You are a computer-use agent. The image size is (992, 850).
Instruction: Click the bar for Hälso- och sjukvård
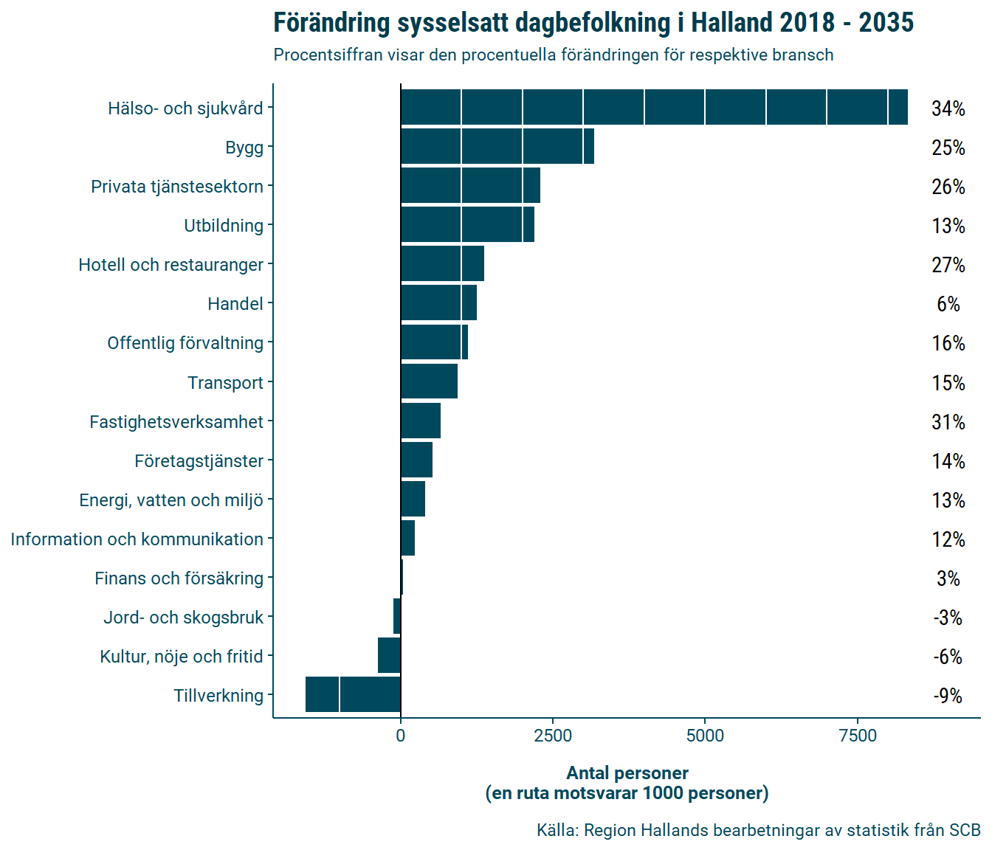coord(654,107)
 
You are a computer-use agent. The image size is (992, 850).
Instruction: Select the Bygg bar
coord(497,146)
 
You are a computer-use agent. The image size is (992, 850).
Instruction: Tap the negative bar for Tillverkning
coord(353,694)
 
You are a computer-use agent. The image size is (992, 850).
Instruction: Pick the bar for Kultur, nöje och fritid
coord(389,655)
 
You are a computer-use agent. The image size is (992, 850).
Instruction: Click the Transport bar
coord(429,381)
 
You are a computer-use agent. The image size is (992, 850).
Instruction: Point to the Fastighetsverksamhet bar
coord(421,421)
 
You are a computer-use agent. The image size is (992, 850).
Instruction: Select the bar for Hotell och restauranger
coord(442,263)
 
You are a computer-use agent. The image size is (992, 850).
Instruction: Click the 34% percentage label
coord(948,108)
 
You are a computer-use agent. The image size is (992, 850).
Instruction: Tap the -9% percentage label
coord(948,696)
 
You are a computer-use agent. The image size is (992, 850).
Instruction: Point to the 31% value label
coord(948,422)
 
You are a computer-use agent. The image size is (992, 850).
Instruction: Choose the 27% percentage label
coord(948,265)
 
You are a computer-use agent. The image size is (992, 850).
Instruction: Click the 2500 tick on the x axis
coord(553,736)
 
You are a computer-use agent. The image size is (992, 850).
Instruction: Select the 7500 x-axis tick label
coord(858,736)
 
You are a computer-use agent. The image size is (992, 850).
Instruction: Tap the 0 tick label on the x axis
coord(401,736)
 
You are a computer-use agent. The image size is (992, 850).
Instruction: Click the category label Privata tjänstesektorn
coord(177,187)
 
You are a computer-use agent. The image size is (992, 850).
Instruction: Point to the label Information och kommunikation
coord(137,539)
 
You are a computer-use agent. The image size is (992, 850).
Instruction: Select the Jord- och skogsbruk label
coord(183,618)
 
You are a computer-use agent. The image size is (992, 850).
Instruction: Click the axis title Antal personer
coord(627,773)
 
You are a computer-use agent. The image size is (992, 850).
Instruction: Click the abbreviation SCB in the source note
coord(964,830)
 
